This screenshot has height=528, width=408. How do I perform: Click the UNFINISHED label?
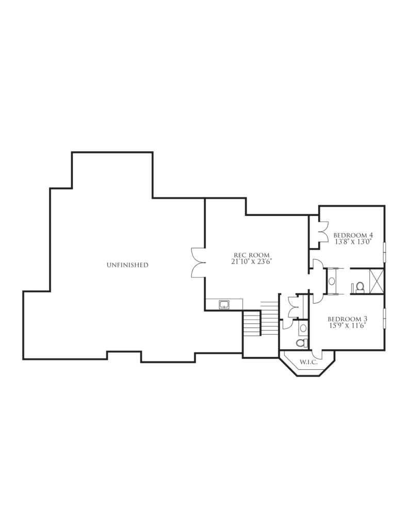point(127,265)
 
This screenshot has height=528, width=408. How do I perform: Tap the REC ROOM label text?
point(251,255)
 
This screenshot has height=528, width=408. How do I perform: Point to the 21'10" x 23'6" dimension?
point(251,261)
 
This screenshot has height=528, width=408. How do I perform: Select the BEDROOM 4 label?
point(353,235)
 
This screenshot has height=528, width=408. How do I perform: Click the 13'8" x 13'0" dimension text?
point(353,242)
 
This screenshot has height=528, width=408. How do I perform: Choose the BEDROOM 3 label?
point(347,319)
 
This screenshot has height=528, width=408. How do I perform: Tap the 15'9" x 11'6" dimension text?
point(347,325)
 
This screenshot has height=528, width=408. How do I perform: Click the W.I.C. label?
point(308,362)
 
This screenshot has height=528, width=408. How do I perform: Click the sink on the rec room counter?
point(224,305)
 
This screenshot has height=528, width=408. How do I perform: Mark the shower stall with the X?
point(377,281)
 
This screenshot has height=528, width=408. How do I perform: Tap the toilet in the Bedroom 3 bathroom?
point(302,343)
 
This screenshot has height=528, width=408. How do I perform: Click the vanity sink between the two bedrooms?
point(332,281)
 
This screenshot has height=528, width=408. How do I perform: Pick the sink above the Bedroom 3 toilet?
point(303,327)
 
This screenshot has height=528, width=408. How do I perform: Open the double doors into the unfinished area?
point(198,263)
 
